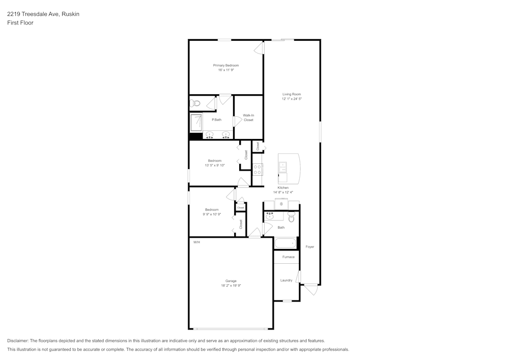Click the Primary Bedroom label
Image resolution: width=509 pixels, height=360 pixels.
(x=225, y=65)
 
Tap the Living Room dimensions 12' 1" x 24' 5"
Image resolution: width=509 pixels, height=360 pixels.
(x=292, y=99)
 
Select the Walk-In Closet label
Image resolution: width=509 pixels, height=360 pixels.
(x=248, y=118)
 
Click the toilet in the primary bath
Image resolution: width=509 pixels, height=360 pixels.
(x=194, y=103)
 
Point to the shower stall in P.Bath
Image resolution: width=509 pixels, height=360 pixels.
(x=196, y=123)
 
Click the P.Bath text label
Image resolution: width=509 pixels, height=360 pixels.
(x=216, y=120)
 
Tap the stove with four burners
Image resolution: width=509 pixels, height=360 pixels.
(x=258, y=170)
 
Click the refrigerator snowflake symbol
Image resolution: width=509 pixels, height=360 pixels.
(x=281, y=204)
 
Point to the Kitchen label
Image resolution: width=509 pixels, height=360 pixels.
(x=283, y=187)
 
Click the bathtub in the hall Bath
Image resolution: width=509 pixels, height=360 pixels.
(x=285, y=243)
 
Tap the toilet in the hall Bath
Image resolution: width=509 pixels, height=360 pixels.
(x=292, y=218)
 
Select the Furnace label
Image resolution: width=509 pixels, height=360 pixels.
(x=289, y=257)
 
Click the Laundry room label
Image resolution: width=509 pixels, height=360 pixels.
(x=286, y=280)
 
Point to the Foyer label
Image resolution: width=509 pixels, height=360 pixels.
(x=309, y=246)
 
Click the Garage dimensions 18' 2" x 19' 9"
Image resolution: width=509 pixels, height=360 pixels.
(x=231, y=286)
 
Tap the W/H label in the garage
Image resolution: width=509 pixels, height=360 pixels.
(x=196, y=242)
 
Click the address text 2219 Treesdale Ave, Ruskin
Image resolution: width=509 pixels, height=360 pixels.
(x=43, y=14)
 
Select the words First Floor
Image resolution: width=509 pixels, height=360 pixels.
(x=20, y=23)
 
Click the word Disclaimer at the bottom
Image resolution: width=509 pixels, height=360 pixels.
(x=18, y=341)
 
